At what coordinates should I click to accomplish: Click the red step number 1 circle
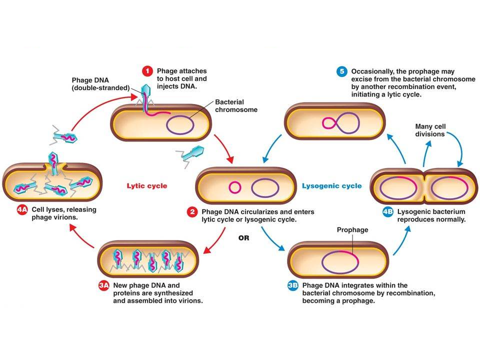pyautogui.click(x=148, y=71)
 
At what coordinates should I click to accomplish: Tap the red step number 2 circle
pyautogui.click(x=192, y=212)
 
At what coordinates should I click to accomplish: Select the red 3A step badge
pyautogui.click(x=104, y=285)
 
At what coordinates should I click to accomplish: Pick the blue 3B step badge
pyautogui.click(x=293, y=285)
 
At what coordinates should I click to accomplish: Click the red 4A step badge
pyautogui.click(x=22, y=210)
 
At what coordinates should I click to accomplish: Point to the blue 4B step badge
pyautogui.click(x=387, y=211)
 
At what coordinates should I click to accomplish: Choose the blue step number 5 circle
pyautogui.click(x=342, y=71)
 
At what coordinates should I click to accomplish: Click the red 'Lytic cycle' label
pyautogui.click(x=146, y=186)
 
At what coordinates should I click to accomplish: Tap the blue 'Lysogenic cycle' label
pyautogui.click(x=331, y=186)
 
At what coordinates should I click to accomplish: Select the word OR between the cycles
pyautogui.click(x=243, y=238)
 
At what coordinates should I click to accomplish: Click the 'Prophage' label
pyautogui.click(x=352, y=230)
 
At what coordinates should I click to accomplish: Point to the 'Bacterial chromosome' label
pyautogui.click(x=236, y=105)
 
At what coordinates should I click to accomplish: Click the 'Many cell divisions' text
pyautogui.click(x=430, y=130)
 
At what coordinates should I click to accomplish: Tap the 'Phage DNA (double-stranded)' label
pyautogui.click(x=100, y=83)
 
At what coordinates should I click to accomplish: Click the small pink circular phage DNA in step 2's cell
pyautogui.click(x=234, y=187)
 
